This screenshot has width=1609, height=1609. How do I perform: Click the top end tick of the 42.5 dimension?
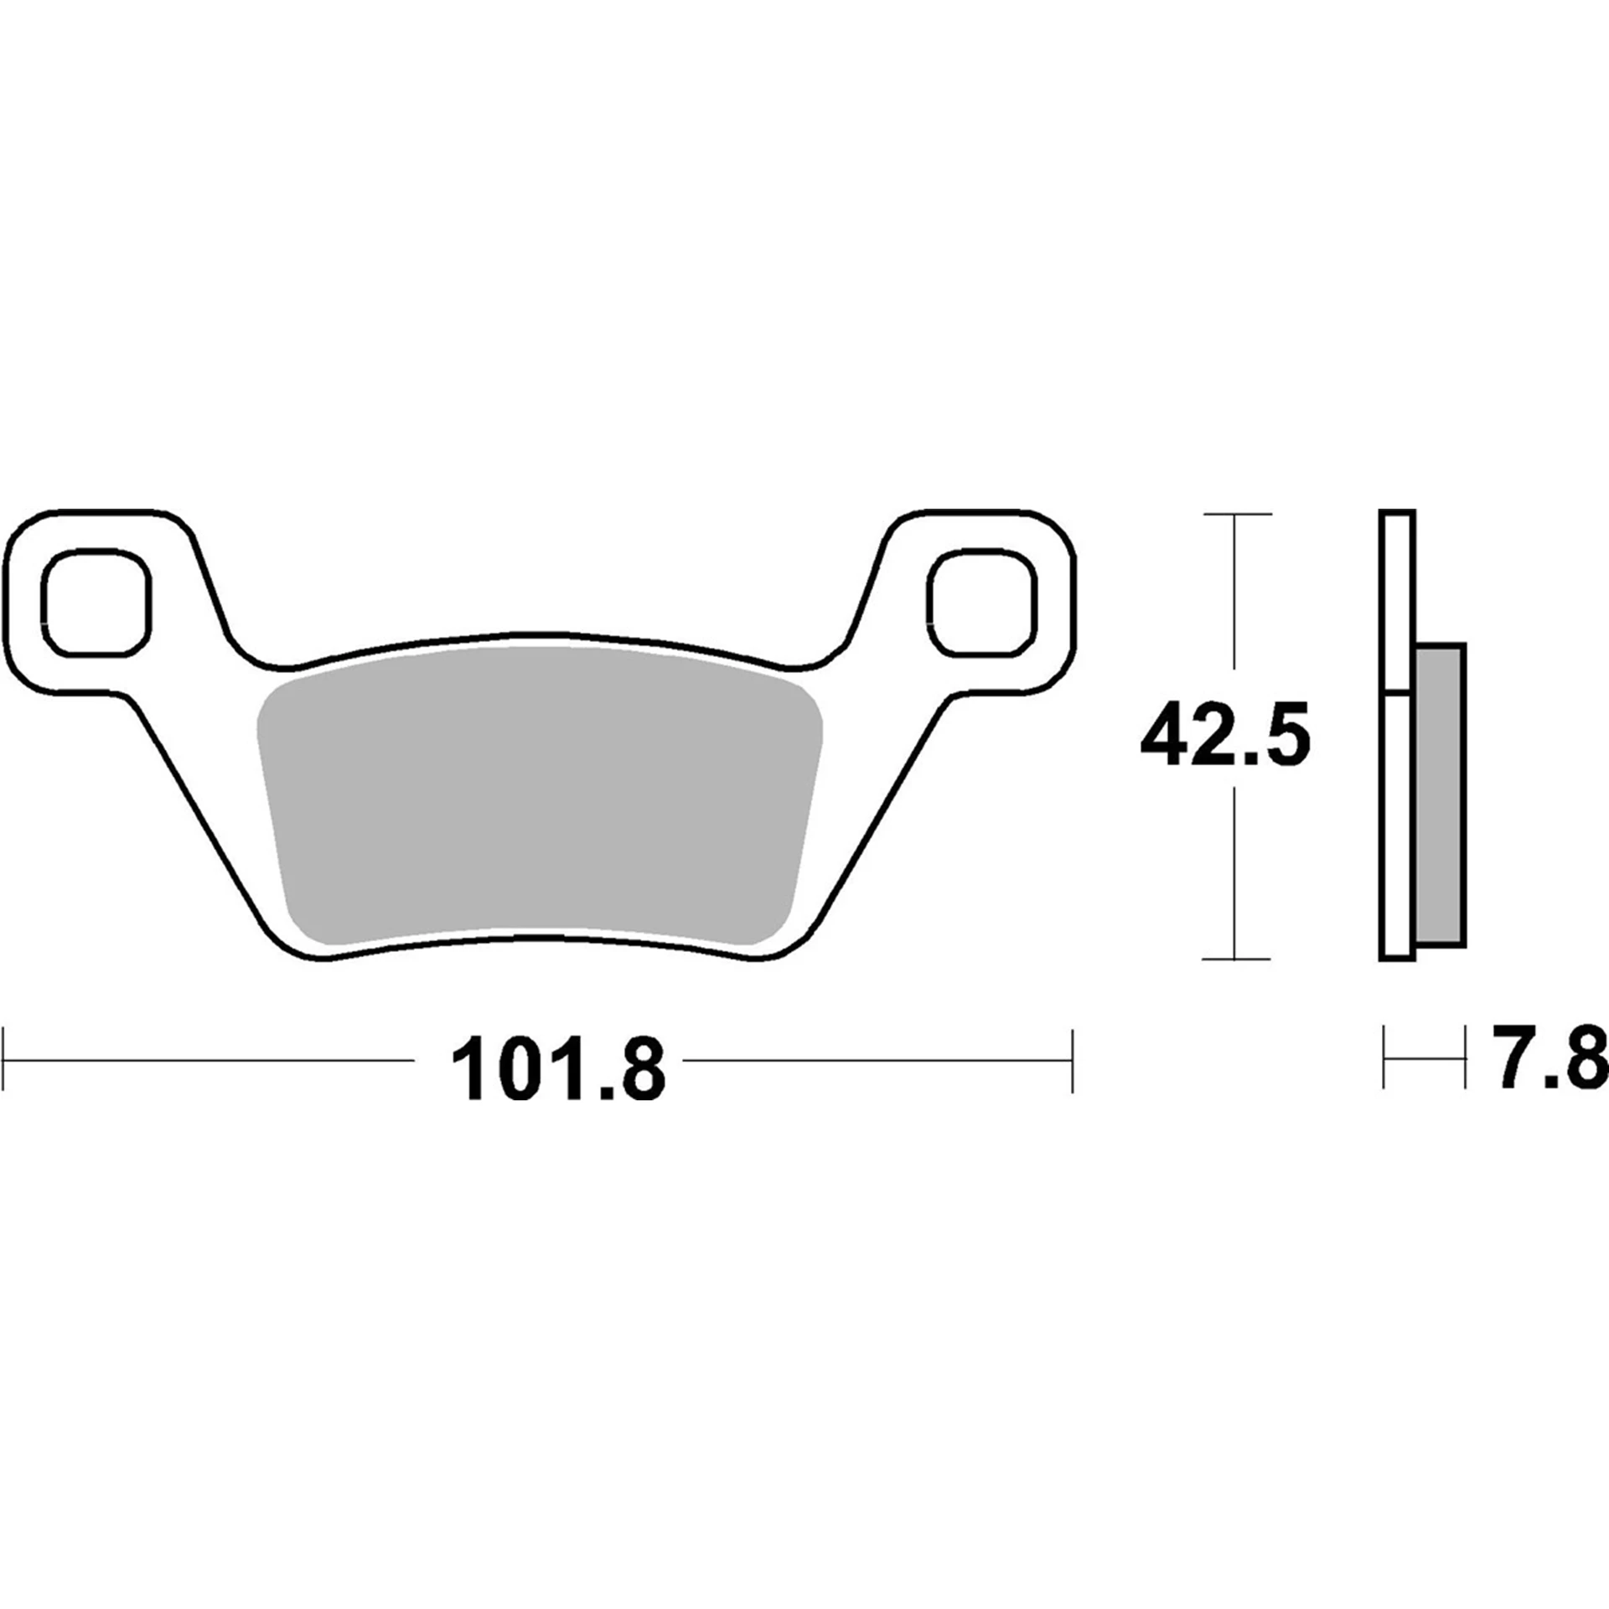tap(1236, 514)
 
